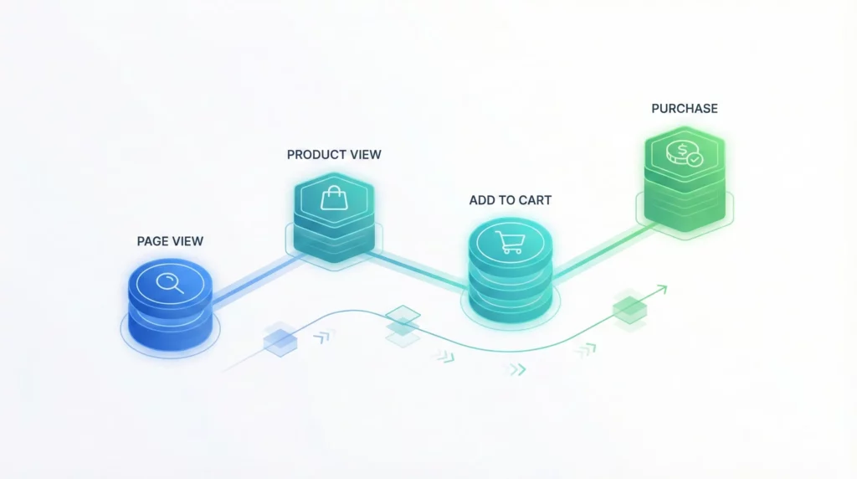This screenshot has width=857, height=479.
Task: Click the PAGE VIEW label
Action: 170,241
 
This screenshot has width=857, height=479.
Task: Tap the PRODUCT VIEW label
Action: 334,155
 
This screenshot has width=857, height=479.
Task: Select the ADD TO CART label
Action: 510,201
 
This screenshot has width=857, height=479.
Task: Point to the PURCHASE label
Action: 685,109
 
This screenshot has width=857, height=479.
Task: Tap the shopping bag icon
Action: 334,198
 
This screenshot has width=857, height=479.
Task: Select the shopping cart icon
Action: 510,243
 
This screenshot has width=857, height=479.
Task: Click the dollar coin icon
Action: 680,153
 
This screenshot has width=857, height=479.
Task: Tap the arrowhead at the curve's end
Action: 663,291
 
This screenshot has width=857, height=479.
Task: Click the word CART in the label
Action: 535,201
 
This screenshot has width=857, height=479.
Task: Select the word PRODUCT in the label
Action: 315,155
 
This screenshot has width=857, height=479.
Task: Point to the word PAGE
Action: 152,241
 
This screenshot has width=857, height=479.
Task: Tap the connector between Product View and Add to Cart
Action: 418,270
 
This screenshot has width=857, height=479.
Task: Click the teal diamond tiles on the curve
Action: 403,325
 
